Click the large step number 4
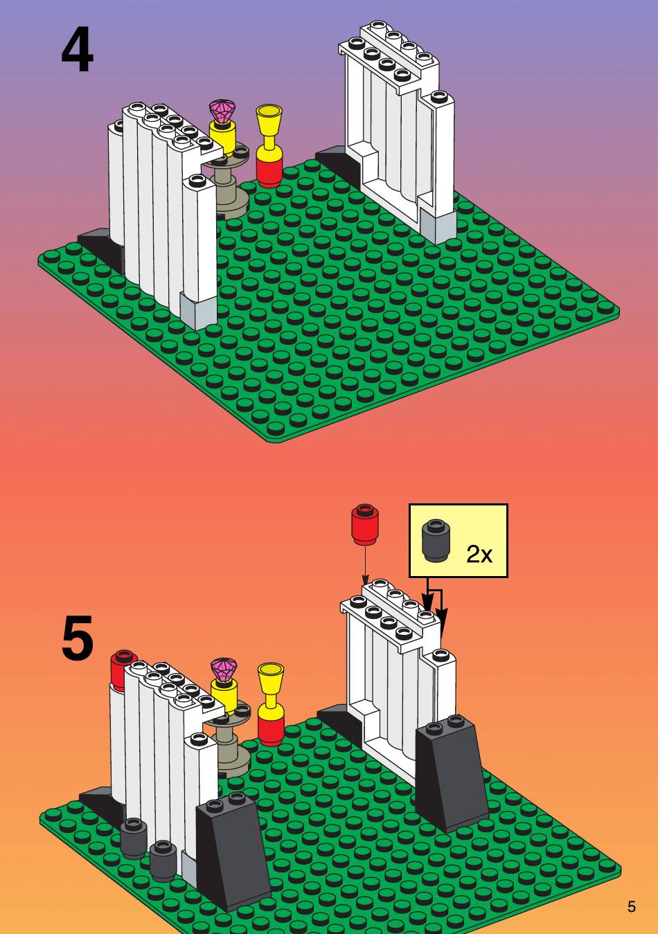coord(77,49)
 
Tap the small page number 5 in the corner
coord(631,906)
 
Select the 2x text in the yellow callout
coord(479,555)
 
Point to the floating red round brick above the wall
coord(366,525)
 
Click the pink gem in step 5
coord(224,670)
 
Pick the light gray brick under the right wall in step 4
coord(438,225)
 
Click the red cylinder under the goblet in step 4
coord(269,171)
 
